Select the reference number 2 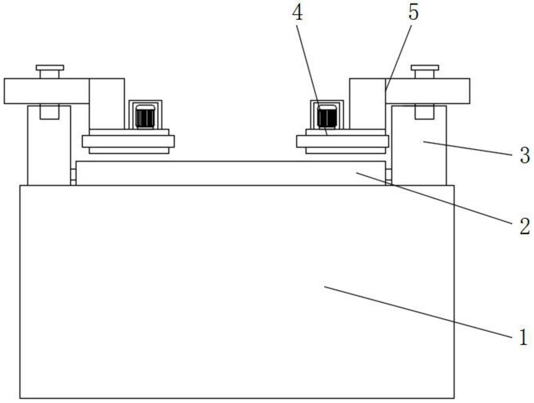click(x=525, y=226)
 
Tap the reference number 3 click(x=525, y=155)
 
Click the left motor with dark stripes click(x=145, y=116)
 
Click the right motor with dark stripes click(x=327, y=116)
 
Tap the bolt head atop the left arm click(x=50, y=68)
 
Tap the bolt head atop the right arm click(x=424, y=68)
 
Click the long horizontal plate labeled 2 click(x=230, y=173)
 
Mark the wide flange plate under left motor click(x=128, y=141)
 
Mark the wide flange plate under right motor click(x=342, y=141)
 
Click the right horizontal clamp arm click(x=427, y=91)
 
